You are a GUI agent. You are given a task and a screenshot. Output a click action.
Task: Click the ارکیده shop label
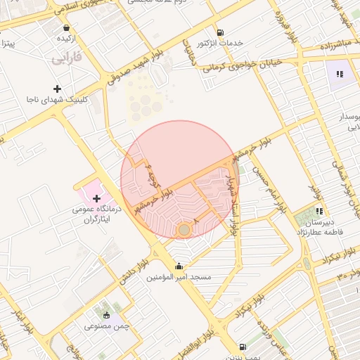point(67,38)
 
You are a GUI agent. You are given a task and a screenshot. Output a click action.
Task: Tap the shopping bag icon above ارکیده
point(66,27)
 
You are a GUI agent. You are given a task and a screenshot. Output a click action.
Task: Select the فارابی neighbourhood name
point(67,57)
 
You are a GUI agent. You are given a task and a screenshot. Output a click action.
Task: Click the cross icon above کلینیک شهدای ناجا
point(57,89)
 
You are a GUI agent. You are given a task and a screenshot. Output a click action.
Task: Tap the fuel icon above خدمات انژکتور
point(220,32)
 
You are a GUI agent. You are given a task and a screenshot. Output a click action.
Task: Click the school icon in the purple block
point(340,73)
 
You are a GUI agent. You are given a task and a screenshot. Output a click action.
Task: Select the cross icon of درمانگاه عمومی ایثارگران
point(96,199)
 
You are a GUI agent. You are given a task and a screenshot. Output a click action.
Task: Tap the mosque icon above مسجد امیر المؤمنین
point(179,266)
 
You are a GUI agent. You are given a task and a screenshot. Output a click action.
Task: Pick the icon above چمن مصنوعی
point(107,315)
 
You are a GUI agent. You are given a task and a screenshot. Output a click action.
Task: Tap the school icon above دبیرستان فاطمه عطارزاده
point(319,210)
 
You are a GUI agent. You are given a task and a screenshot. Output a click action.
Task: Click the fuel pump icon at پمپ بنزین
point(243,347)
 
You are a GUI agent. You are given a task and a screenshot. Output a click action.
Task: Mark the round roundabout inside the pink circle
point(184,230)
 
